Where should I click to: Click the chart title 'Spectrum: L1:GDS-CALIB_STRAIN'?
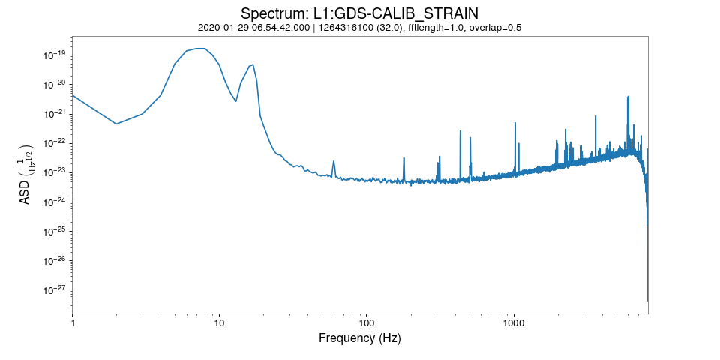359,13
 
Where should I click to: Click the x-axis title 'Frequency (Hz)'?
359,338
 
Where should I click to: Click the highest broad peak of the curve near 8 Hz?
200,49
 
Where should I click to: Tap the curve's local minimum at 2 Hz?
116,124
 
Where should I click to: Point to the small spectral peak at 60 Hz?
333,161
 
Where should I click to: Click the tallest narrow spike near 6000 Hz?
628,97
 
